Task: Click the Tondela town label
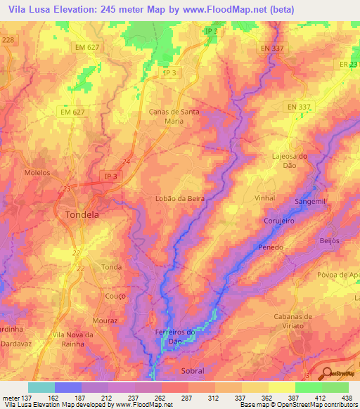(x=81, y=214)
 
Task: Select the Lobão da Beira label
(x=179, y=199)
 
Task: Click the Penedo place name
(x=271, y=247)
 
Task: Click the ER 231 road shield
(x=349, y=64)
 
